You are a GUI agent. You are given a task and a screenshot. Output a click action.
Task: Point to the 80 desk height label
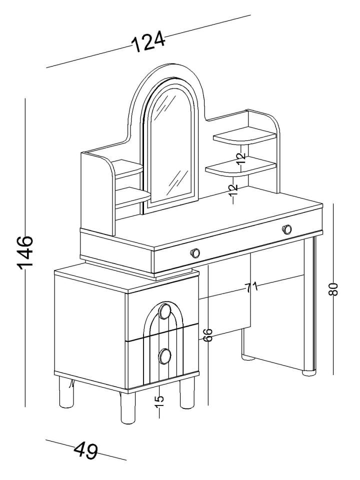334,288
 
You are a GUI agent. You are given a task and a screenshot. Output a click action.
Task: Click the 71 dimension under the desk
251,287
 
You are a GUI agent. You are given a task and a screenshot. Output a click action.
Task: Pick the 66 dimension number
208,334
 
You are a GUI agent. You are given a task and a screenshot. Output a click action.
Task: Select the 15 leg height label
159,406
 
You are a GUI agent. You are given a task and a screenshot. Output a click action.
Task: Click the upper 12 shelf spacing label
241,158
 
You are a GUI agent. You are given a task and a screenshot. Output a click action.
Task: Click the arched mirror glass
171,145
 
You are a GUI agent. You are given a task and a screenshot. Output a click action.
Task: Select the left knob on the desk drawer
195,253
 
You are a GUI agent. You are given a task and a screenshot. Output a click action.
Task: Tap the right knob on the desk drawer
286,229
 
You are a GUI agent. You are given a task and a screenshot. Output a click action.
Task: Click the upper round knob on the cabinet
164,312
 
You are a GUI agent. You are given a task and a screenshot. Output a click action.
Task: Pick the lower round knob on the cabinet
164,355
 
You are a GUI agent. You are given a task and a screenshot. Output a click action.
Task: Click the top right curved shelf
245,135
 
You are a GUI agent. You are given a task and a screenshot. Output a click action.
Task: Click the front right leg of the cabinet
187,392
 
